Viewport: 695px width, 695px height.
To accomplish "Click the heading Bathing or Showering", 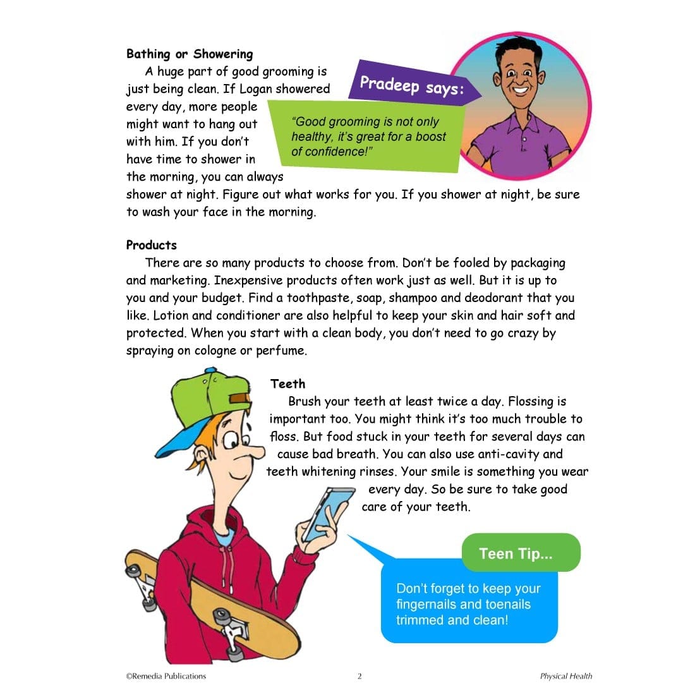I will (x=190, y=54).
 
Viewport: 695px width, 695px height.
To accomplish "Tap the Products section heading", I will (x=152, y=245).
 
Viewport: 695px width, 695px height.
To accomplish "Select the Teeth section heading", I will (x=287, y=384).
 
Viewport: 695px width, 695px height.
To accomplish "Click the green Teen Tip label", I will (x=516, y=553).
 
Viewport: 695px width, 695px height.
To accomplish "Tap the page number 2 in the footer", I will (x=360, y=676).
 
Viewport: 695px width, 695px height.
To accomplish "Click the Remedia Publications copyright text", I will (x=166, y=676).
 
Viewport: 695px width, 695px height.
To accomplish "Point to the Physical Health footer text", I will (x=566, y=676).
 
